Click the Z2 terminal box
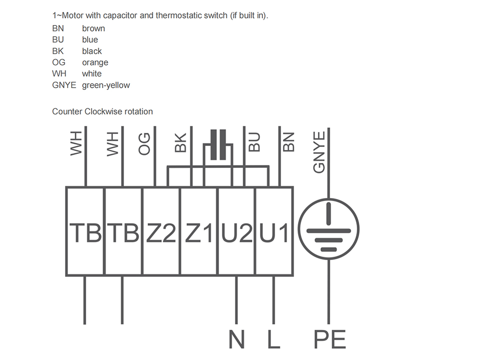pos(161,231)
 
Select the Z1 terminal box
pos(199,231)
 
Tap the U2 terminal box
pos(236,231)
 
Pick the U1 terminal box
pos(274,231)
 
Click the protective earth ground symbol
pos(329,229)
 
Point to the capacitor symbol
pos(218,144)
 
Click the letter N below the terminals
pos(236,339)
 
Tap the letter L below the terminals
pos(274,339)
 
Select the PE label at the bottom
pos(330,339)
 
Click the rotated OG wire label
pos(144,144)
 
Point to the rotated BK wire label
pos(180,142)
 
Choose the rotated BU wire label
pos(255,142)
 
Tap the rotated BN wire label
pos(289,142)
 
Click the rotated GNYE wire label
pos(319,152)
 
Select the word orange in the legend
pos(95,63)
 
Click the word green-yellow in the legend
pos(106,85)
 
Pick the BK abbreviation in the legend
pos(58,51)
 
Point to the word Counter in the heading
pos(67,112)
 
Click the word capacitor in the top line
pos(120,16)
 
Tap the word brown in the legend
pos(93,29)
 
